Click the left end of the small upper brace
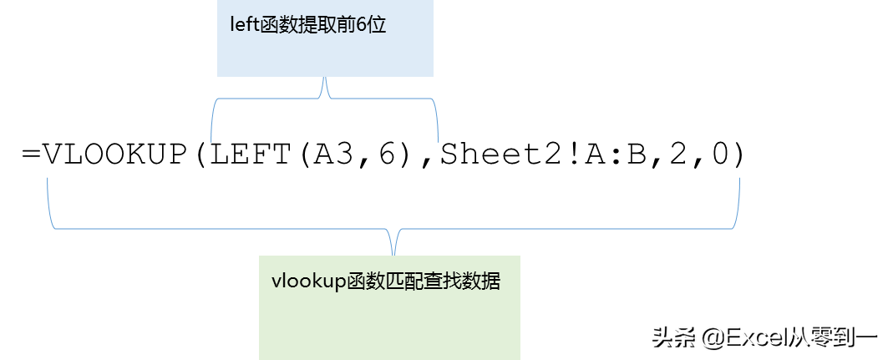(x=211, y=141)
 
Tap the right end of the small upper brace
(x=438, y=141)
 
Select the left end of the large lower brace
(x=48, y=179)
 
